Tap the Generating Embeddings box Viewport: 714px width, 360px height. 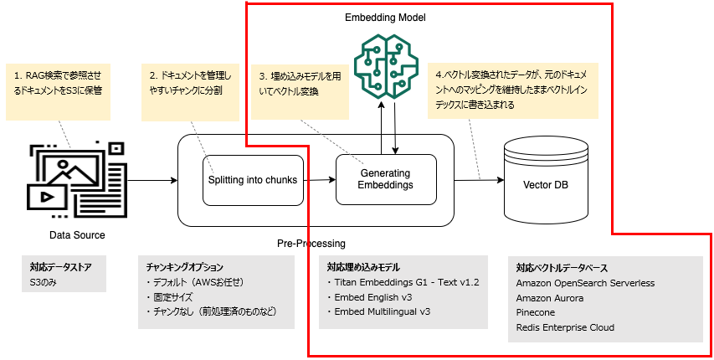386,179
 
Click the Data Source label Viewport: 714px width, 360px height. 77,235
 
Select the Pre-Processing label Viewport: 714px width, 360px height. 311,244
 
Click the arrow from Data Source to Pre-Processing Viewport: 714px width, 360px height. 154,179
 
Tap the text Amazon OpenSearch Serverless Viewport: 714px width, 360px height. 585,284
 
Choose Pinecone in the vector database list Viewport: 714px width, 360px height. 537,312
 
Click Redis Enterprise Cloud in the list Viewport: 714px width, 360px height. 565,327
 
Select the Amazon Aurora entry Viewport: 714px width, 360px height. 550,298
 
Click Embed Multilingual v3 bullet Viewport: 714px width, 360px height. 382,311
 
